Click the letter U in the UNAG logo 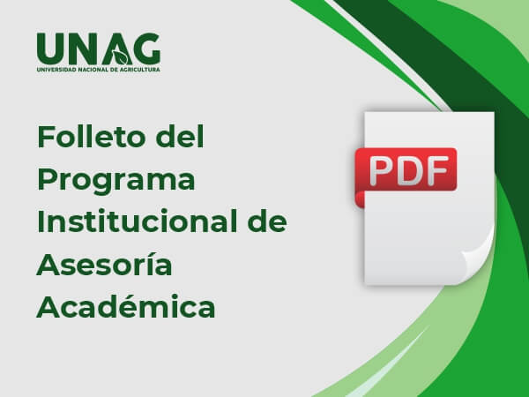tap(50, 48)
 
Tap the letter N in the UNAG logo tap(82, 48)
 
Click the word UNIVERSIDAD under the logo tap(56, 69)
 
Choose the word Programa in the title tap(115, 181)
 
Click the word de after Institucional tap(266, 222)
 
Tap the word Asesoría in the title tap(105, 265)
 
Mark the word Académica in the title tap(126, 307)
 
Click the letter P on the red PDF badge tap(380, 169)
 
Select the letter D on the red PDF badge tap(406, 169)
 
